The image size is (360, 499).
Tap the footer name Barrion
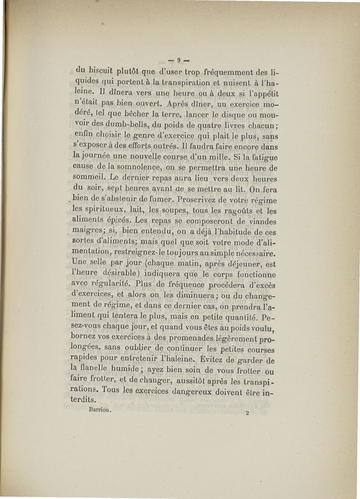coord(100,410)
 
